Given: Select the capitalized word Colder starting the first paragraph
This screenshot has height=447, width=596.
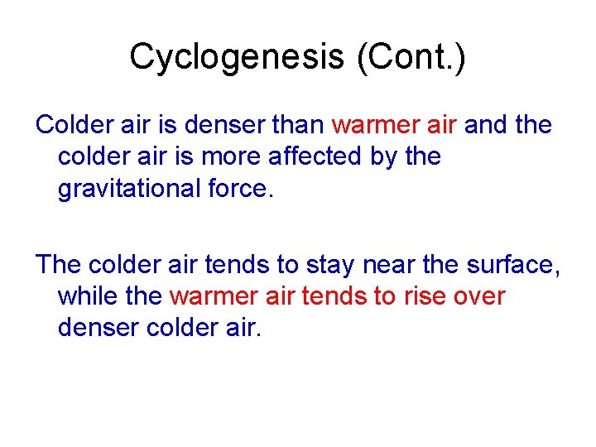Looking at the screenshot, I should pos(73,125).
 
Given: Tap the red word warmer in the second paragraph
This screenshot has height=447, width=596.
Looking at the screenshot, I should pos(211,296).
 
